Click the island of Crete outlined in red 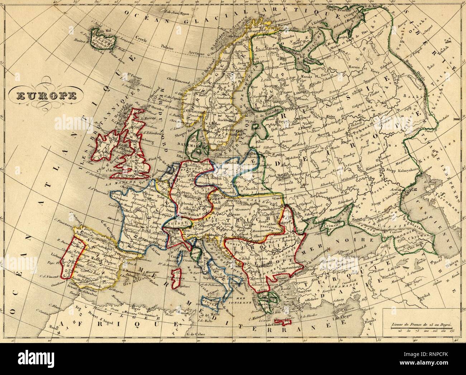[282, 321]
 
